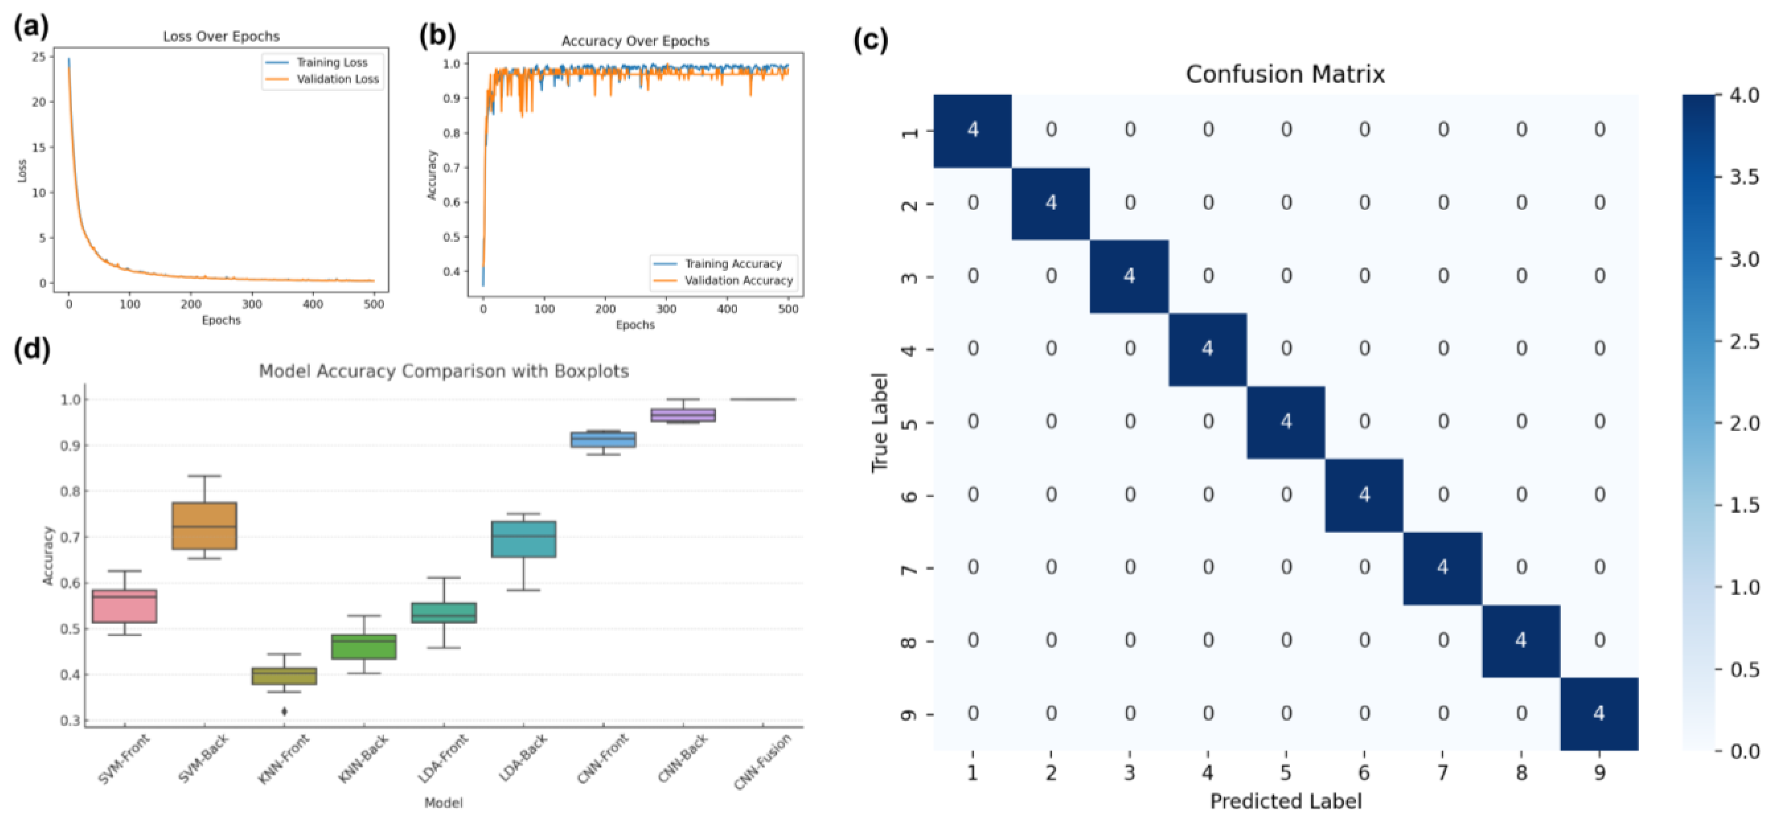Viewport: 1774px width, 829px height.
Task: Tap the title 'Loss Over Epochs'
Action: (x=221, y=37)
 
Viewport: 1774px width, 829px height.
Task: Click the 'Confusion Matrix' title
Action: (x=1285, y=74)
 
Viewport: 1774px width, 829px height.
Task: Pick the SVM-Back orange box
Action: (x=204, y=526)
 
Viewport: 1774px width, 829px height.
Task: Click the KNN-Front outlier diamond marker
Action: (x=284, y=711)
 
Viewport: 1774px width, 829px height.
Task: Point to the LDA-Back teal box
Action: (x=523, y=538)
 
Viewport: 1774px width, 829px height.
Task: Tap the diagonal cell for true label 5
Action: (x=1286, y=422)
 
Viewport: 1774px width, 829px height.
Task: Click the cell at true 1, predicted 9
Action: (x=1599, y=130)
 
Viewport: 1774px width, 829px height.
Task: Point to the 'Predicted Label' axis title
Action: (x=1285, y=801)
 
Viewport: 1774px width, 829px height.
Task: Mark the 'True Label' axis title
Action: (x=880, y=422)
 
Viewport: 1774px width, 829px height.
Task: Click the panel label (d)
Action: (x=32, y=350)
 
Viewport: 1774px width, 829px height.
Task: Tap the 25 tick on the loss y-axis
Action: (x=39, y=56)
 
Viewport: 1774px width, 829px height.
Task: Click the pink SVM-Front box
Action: (x=125, y=606)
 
